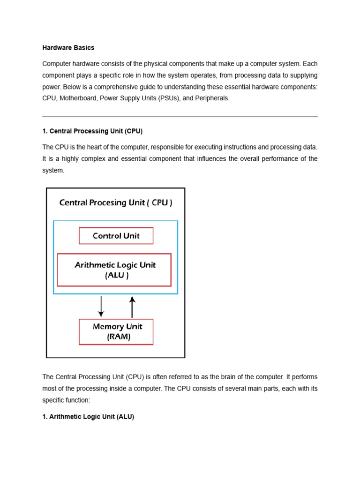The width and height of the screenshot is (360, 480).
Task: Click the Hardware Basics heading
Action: point(68,48)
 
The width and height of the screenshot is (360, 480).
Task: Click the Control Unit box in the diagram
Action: point(116,236)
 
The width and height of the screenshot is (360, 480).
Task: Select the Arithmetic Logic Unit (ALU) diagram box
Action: point(114,270)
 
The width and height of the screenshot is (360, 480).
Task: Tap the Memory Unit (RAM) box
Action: point(116,332)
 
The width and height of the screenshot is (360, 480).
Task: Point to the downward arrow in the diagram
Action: point(101,307)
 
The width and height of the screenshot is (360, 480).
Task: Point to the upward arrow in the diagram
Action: point(132,307)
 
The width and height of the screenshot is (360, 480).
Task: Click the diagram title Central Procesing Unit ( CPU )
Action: point(115,203)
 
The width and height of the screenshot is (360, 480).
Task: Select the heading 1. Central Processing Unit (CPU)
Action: point(92,131)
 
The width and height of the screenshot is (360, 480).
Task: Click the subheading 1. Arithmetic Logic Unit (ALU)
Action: point(88,417)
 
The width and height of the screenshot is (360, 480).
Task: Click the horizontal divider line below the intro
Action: point(180,116)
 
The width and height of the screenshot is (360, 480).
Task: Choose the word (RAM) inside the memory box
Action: point(118,337)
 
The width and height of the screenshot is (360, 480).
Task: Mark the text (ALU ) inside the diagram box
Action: point(117,276)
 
